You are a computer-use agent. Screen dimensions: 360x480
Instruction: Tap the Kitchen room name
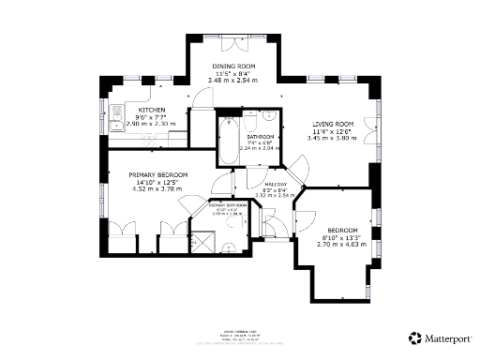(126, 110)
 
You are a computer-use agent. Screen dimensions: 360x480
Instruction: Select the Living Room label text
(332, 124)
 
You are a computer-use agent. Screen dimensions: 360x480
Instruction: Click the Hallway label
(276, 184)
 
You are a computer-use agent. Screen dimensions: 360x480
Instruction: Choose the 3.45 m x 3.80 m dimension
(332, 138)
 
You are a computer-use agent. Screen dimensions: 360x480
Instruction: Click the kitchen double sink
(115, 121)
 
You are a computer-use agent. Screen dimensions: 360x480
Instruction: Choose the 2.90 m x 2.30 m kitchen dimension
(126, 124)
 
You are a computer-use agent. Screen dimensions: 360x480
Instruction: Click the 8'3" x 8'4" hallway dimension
(276, 190)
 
